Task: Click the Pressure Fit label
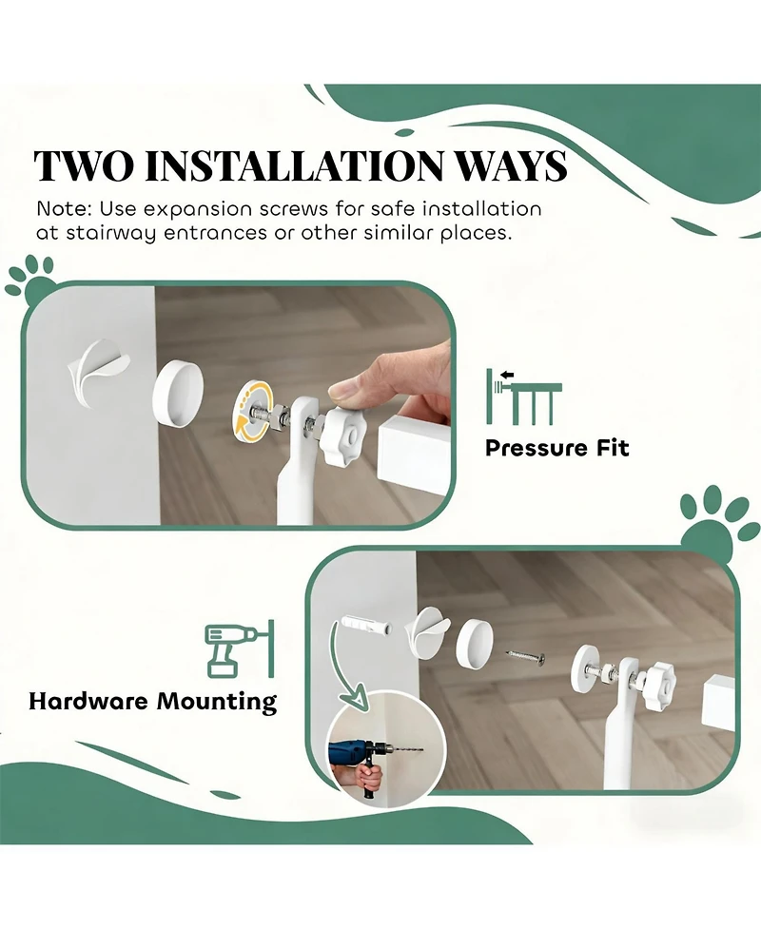556,448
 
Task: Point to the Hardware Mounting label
153,702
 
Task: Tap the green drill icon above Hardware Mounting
240,649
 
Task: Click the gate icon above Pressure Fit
523,396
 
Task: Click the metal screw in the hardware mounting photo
526,655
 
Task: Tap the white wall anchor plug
363,626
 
